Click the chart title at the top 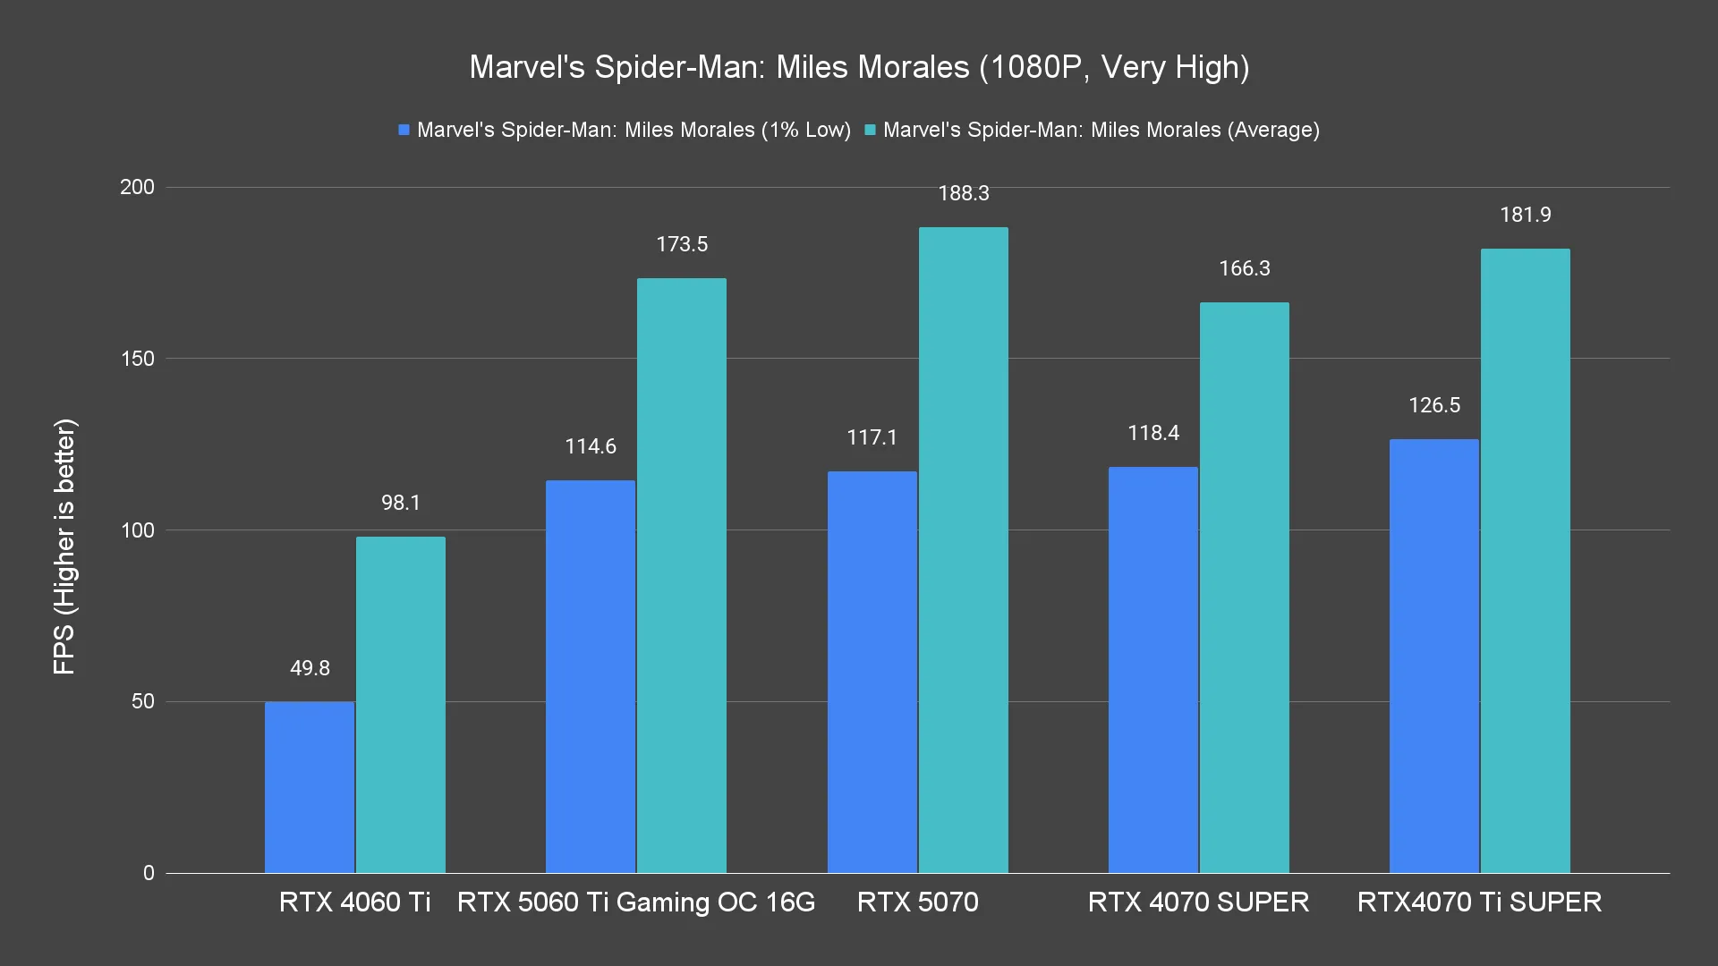point(859,67)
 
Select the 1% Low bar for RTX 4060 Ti point(310,787)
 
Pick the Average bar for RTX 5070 point(963,550)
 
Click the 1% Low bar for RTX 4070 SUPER point(1152,670)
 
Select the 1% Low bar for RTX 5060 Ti point(591,676)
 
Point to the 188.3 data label point(964,193)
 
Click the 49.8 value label point(310,668)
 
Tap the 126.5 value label point(1434,405)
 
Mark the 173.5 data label point(682,244)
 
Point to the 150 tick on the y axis point(138,359)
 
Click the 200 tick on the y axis point(138,187)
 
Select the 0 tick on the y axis point(149,873)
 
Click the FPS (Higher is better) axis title point(64,547)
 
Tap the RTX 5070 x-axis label point(917,902)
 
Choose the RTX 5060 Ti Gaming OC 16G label point(636,902)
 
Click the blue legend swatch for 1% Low point(404,131)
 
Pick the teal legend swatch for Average point(870,131)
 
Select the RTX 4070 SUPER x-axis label point(1198,902)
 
